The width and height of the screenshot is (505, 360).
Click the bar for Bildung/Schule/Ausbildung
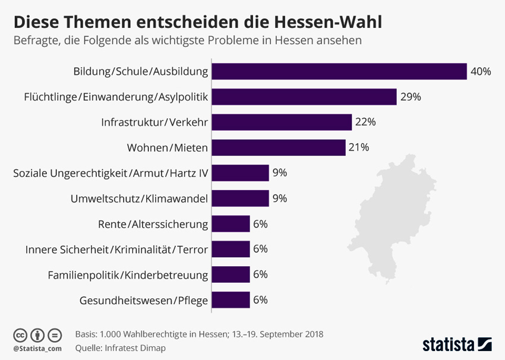coord(339,71)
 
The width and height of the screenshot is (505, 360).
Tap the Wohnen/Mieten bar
coord(279,147)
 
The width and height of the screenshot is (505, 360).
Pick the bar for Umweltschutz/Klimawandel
coord(241,198)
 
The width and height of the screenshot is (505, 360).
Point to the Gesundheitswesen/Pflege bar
coord(231,300)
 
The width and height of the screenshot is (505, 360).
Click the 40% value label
coord(481,72)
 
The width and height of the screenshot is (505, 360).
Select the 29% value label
coord(411,97)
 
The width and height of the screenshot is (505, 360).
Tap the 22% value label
coord(365,122)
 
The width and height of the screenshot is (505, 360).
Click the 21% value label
coord(359,147)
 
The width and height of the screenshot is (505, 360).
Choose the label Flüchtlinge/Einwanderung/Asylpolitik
coord(116,97)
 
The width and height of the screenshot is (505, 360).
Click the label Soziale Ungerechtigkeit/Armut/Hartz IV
coord(111,173)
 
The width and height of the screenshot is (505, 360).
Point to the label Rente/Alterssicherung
coord(153,224)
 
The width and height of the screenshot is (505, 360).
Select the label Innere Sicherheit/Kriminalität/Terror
coord(116,250)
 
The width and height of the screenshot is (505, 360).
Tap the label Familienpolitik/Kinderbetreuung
coord(128,275)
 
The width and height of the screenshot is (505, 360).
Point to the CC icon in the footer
coord(20,334)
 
